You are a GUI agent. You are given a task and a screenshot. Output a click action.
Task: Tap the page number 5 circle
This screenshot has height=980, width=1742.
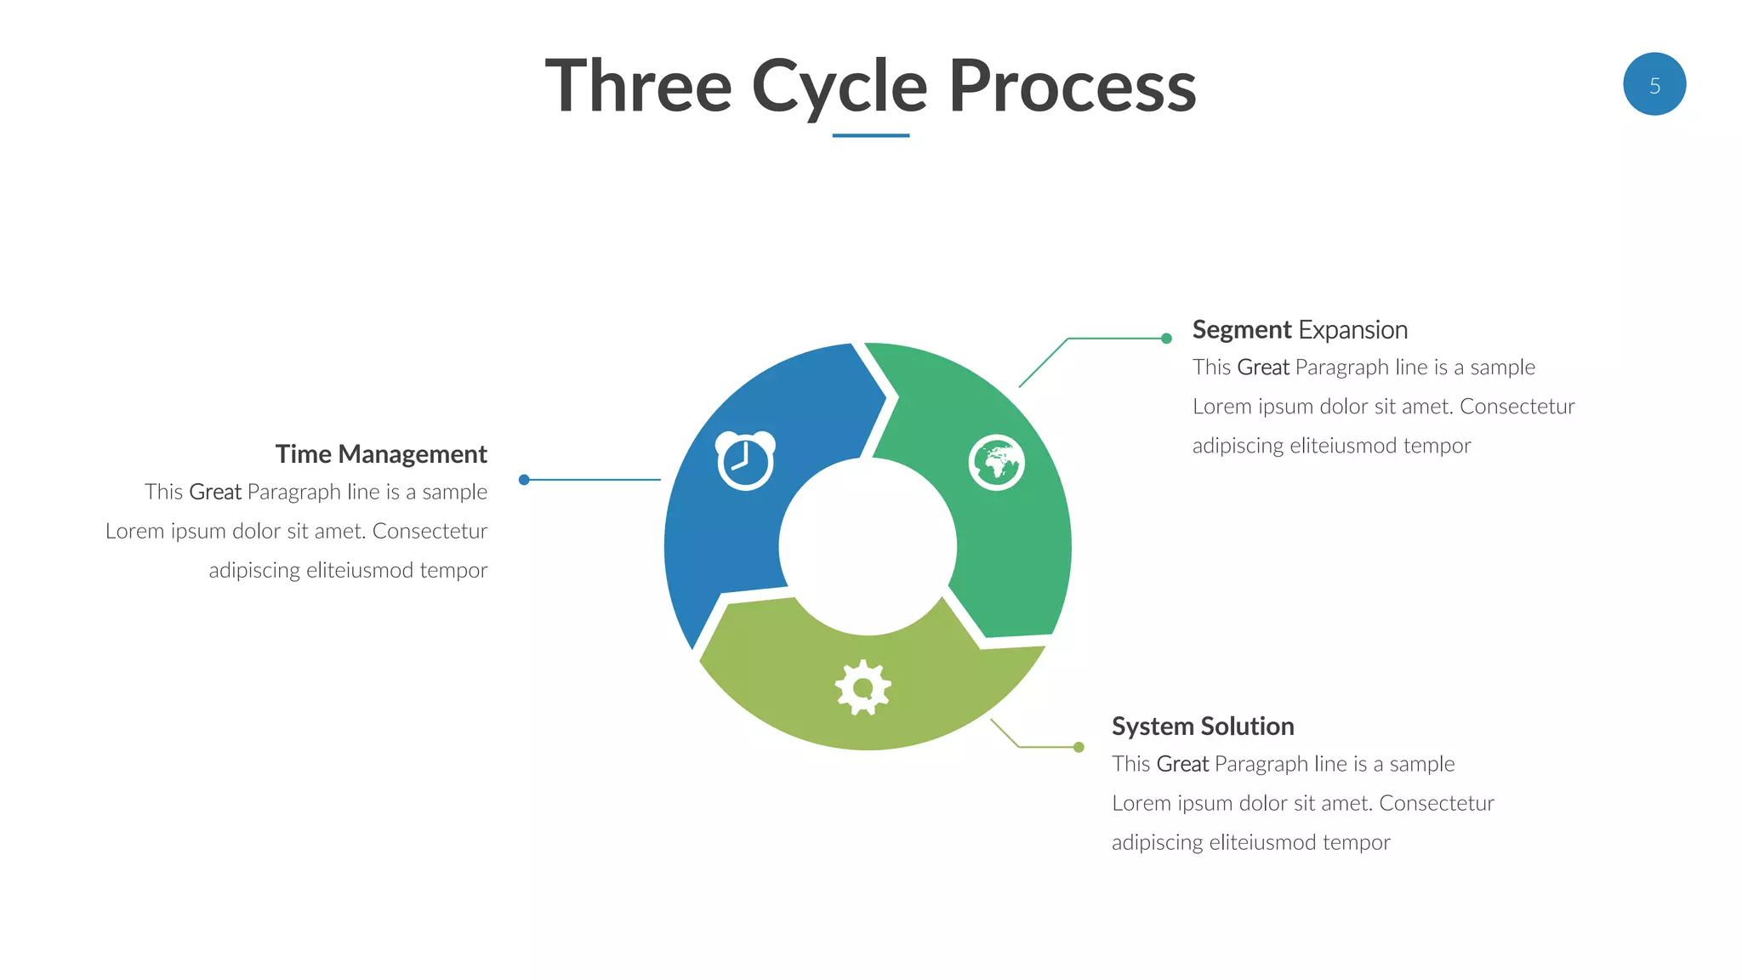pos(1654,84)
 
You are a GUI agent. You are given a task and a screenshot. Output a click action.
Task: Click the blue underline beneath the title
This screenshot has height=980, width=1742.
pos(870,135)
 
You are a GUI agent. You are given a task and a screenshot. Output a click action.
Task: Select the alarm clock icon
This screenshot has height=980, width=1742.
pos(745,460)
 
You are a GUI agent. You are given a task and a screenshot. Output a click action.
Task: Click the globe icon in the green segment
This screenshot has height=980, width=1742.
pos(996,463)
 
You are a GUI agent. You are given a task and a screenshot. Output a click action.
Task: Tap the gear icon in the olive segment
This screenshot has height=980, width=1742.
pos(862,687)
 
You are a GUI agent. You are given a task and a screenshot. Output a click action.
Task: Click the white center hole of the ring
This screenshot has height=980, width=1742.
pos(868,547)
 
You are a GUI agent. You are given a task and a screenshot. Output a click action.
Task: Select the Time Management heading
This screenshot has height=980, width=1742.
pos(381,454)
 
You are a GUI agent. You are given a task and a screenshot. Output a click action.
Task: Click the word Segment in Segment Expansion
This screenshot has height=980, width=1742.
pos(1241,330)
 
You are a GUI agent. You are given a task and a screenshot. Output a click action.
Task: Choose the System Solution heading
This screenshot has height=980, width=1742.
pos(1202,726)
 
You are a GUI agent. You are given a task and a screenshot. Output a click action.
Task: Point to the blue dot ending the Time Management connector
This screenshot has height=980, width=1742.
pos(524,480)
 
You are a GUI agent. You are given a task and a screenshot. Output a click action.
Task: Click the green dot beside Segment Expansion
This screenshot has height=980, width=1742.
pos(1166,339)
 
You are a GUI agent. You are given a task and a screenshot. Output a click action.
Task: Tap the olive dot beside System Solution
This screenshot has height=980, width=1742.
pos(1079,747)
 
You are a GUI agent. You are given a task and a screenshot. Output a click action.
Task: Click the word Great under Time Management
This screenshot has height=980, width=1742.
pos(214,493)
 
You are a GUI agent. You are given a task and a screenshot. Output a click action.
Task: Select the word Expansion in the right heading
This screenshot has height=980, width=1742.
pos(1352,330)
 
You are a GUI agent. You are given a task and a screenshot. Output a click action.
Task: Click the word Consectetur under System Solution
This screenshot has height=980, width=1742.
pos(1436,804)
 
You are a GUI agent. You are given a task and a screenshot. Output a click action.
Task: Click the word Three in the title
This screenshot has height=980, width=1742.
pos(638,87)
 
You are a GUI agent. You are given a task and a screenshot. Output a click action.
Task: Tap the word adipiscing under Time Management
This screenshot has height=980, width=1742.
pos(253,571)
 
